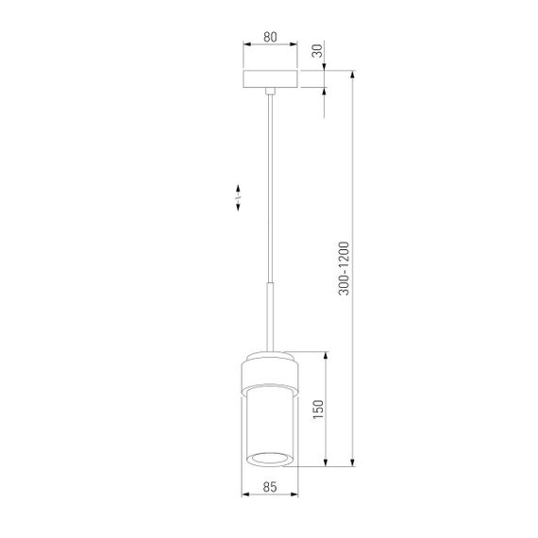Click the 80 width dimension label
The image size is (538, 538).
(270, 38)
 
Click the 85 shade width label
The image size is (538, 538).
(270, 488)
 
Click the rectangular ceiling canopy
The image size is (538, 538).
(270, 79)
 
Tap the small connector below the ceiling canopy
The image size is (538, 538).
(271, 92)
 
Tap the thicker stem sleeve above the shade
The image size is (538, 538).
(271, 316)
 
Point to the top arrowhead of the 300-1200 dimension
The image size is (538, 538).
(352, 75)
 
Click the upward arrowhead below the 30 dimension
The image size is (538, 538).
(323, 94)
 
